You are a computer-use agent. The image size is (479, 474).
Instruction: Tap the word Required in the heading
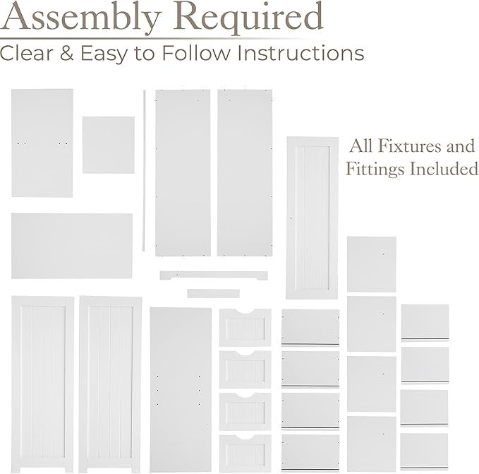(250, 18)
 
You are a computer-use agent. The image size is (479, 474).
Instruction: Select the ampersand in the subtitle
(66, 53)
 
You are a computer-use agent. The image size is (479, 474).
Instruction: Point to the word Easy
(104, 54)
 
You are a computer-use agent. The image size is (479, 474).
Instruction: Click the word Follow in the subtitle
(196, 53)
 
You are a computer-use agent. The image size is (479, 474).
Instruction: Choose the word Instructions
(301, 53)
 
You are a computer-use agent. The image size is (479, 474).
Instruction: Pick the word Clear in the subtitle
(27, 53)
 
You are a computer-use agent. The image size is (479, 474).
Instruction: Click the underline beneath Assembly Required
(153, 39)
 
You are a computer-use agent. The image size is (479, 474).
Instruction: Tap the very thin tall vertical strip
(144, 171)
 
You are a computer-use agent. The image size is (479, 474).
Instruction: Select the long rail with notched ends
(214, 275)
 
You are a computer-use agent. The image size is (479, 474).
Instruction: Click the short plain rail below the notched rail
(214, 293)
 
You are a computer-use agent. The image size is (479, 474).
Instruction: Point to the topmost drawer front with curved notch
(245, 327)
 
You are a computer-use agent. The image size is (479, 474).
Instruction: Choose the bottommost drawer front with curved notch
(245, 454)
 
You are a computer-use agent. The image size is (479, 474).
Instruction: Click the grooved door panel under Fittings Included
(313, 218)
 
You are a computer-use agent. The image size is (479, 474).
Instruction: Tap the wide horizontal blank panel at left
(72, 246)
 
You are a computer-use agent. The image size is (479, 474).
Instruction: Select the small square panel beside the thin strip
(108, 145)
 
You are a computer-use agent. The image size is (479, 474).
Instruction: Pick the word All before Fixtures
(361, 146)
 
